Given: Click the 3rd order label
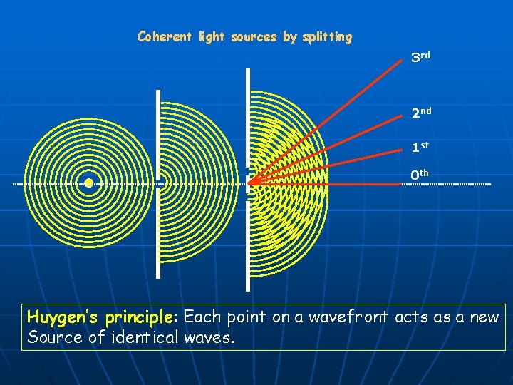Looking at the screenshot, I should coord(420,57).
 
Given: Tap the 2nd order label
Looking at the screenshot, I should coord(420,113).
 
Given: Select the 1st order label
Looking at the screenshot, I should coord(420,147).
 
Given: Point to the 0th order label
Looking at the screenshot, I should coord(420,174).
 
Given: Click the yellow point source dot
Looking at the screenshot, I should coord(88,183).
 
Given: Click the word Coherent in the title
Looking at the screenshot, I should coord(164,36).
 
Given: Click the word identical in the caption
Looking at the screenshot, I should coord(145,337).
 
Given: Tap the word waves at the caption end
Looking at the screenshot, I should coord(209,337).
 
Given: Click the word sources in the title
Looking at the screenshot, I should coord(254,36).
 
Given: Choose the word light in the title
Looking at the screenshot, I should coord(211,36).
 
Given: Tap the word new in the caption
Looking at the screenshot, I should coord(485,317).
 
